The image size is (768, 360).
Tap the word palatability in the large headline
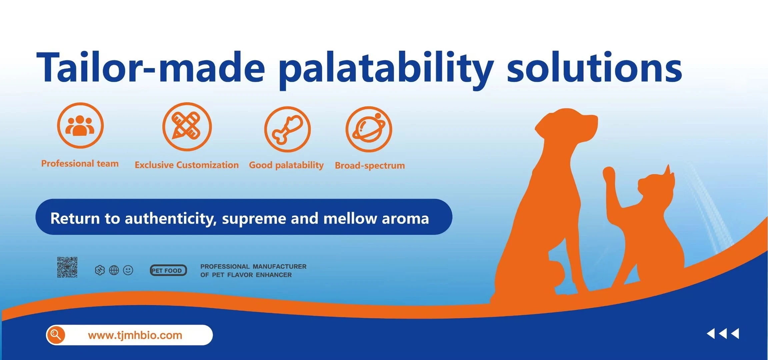tap(386, 70)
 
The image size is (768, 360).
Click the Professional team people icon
tap(80, 125)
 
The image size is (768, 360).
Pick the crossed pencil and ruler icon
tap(187, 127)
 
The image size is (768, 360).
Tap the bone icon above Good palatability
tap(287, 129)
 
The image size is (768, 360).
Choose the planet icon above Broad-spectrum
tap(369, 129)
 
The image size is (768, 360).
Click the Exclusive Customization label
tap(187, 165)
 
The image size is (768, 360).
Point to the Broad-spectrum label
tap(370, 166)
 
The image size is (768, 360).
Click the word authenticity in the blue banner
tap(171, 219)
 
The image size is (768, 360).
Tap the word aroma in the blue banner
tap(405, 219)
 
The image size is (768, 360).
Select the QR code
tap(67, 267)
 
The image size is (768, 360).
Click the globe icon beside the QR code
tap(114, 270)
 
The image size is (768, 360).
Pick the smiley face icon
tap(128, 270)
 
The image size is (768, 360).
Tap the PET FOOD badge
tap(168, 270)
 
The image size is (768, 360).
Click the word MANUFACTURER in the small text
tap(279, 267)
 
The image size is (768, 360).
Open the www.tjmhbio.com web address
tap(135, 335)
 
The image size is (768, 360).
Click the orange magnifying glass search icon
tap(56, 335)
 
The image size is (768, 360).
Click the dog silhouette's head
tap(567, 125)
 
